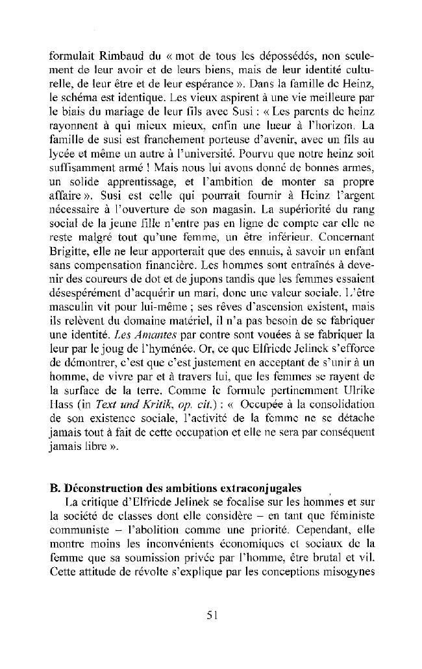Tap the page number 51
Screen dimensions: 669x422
tap(212, 616)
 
